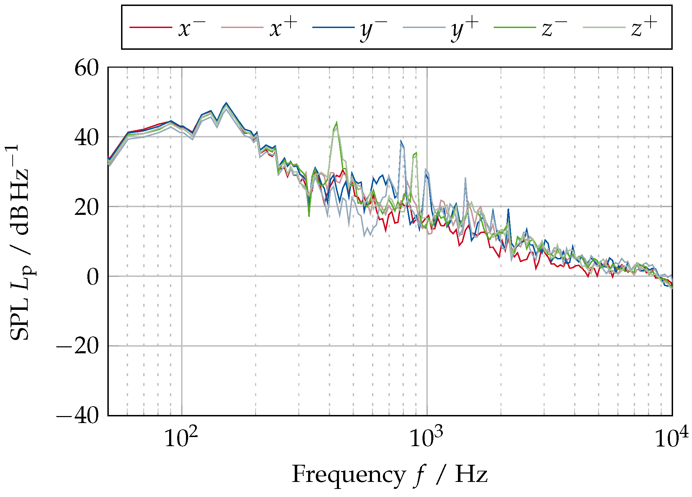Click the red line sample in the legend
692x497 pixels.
click(x=151, y=27)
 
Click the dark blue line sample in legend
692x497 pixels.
click(x=333, y=27)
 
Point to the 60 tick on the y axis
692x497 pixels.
click(x=87, y=68)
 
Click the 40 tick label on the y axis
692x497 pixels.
click(x=87, y=138)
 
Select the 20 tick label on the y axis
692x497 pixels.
click(x=87, y=207)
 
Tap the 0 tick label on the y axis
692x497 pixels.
click(x=93, y=277)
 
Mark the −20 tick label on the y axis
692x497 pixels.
click(x=78, y=346)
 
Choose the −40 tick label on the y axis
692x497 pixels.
click(x=78, y=416)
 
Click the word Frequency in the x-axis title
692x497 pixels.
click(x=348, y=475)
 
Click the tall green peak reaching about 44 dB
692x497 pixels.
click(x=336, y=123)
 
